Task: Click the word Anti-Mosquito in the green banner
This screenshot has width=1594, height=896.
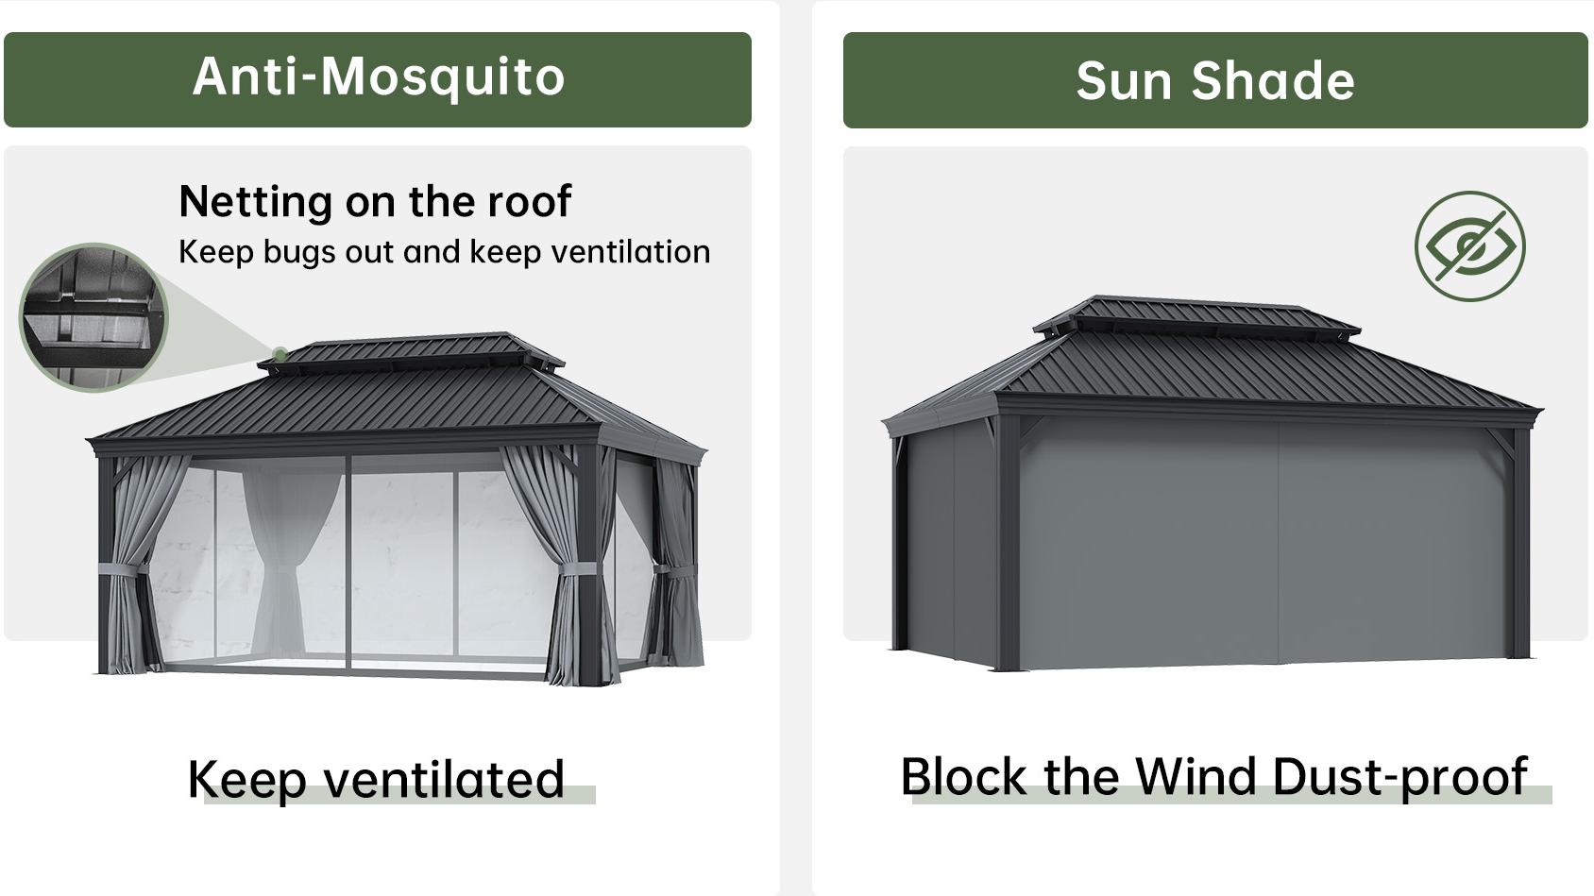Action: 379,76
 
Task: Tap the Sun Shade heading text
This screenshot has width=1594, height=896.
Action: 1215,80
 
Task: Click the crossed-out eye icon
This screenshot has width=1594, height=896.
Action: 1470,246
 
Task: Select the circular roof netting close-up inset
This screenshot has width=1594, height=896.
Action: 93,317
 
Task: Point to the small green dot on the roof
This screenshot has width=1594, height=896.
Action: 280,354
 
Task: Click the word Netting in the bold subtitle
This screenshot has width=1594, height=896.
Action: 256,202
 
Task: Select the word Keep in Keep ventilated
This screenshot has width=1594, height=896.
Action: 246,781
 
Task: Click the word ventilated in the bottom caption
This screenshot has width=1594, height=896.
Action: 444,779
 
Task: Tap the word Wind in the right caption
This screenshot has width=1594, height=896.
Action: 1195,776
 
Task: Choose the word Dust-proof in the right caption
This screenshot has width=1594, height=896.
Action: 1399,778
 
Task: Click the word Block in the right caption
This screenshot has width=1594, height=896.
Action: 963,776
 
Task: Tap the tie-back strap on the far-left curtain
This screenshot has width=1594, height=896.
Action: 124,569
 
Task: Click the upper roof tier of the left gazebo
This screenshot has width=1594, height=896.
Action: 411,351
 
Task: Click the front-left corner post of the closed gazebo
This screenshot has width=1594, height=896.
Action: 1009,542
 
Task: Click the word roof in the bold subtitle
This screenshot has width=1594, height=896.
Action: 529,201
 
